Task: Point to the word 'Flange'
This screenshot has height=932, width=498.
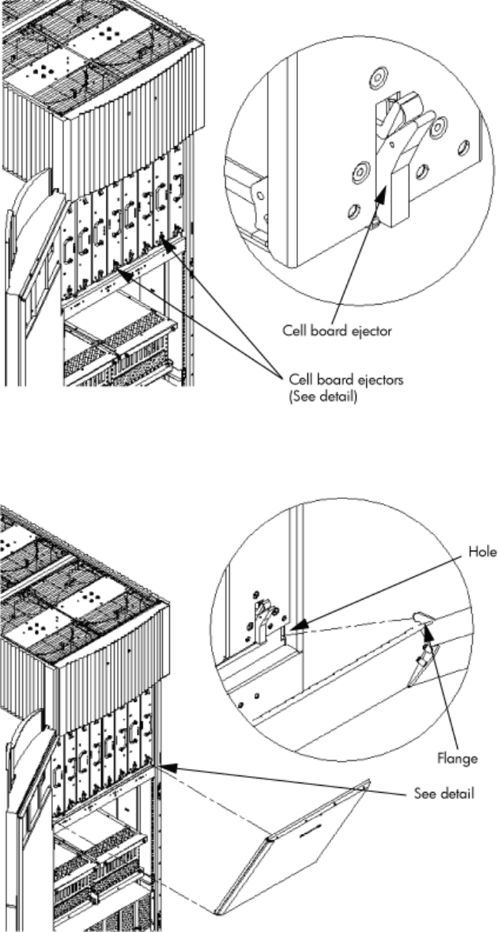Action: coord(459,758)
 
